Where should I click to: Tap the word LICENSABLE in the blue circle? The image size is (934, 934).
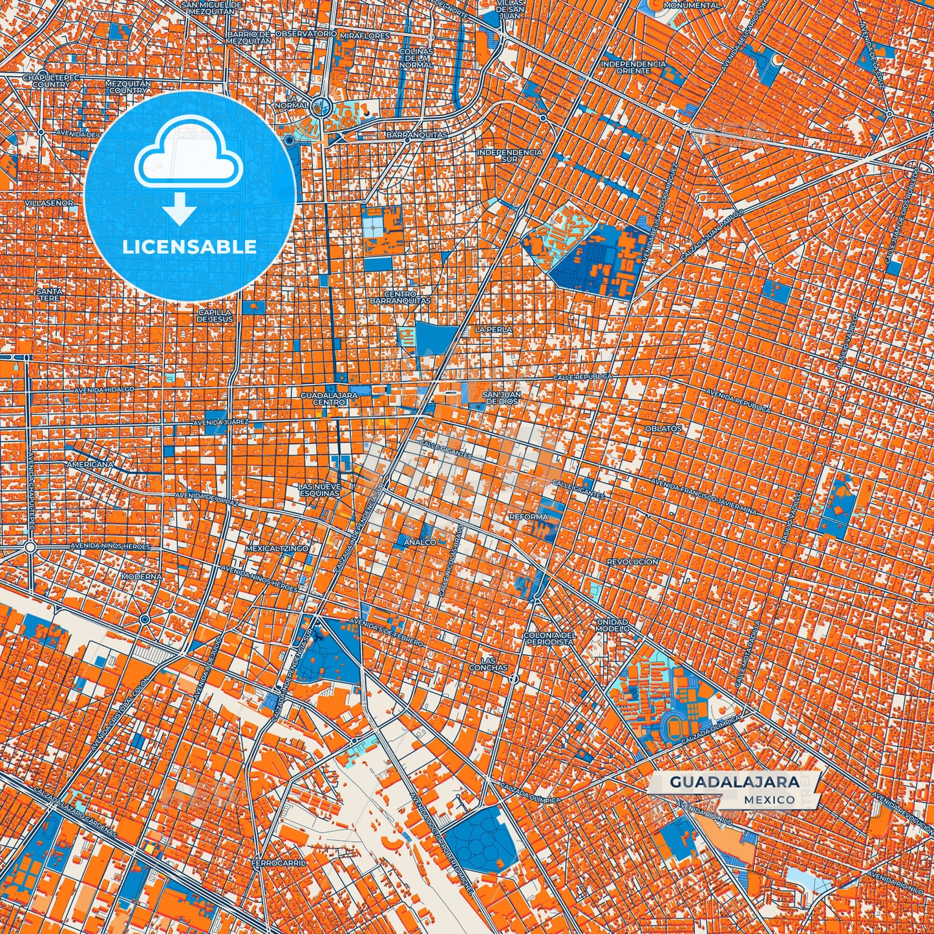pyautogui.click(x=189, y=247)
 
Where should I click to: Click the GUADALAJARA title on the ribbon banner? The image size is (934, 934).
pyautogui.click(x=734, y=782)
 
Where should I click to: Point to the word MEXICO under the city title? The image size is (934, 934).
pyautogui.click(x=769, y=800)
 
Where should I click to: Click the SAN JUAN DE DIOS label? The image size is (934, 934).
pyautogui.click(x=500, y=398)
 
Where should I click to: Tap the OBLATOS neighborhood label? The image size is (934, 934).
pyautogui.click(x=663, y=429)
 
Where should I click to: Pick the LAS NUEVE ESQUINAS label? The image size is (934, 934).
pyautogui.click(x=319, y=489)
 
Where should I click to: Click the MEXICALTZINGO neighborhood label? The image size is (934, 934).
pyautogui.click(x=277, y=548)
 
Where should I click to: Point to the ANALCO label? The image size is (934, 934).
pyautogui.click(x=420, y=542)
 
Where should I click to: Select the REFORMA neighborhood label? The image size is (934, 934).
pyautogui.click(x=528, y=517)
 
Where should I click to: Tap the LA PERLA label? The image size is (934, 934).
pyautogui.click(x=493, y=330)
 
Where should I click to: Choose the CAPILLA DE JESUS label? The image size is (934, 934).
pyautogui.click(x=215, y=315)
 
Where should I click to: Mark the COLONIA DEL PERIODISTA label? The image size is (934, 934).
pyautogui.click(x=549, y=639)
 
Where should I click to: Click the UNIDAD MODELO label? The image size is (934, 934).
pyautogui.click(x=612, y=624)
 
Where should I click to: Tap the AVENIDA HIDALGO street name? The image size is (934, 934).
pyautogui.click(x=104, y=390)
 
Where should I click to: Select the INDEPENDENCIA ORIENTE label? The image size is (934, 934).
pyautogui.click(x=633, y=67)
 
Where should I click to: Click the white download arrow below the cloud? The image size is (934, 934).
pyautogui.click(x=180, y=212)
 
